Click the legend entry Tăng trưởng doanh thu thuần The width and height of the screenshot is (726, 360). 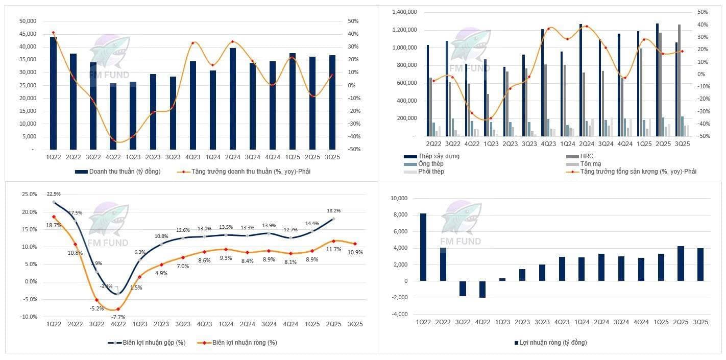click(x=251, y=172)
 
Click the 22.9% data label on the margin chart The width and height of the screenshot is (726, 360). click(x=54, y=194)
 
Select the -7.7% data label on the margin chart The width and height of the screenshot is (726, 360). click(x=118, y=317)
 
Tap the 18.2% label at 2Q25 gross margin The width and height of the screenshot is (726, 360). click(x=334, y=210)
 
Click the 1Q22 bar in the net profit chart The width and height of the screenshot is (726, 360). click(x=423, y=247)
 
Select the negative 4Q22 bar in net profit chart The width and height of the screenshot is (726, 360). click(x=482, y=290)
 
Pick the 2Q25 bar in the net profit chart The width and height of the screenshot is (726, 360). click(x=681, y=263)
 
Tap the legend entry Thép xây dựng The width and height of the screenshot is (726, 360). click(x=439, y=156)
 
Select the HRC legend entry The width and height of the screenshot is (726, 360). click(x=587, y=156)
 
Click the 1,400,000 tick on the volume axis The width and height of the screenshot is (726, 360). click(x=403, y=12)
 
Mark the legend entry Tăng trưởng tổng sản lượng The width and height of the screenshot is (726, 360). click(x=638, y=172)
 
